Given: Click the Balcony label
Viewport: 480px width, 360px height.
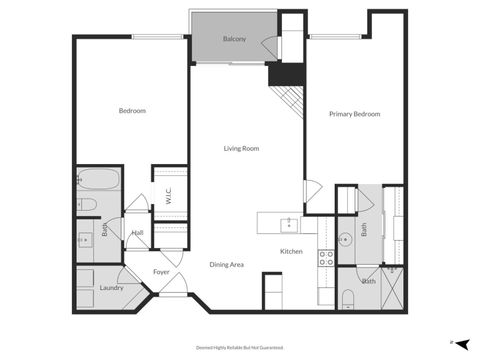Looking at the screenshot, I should coord(234,39).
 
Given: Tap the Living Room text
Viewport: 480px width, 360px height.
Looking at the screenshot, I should coord(241,148).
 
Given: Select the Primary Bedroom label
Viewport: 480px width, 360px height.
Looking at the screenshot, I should coord(355,114).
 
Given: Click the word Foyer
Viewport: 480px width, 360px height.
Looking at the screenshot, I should coord(161,271).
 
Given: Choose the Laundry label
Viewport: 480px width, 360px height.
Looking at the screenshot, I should coord(111,288).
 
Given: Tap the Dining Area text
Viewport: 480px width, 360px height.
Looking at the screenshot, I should coord(226,264).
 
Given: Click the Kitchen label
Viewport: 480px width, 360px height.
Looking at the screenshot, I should coord(291,251).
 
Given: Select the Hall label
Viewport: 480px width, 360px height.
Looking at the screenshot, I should coord(137,233).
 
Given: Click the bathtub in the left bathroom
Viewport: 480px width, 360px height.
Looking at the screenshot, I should coord(98,182).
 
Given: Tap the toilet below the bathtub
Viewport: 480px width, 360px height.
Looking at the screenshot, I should coord(88,205).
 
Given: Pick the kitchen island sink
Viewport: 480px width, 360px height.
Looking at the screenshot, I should coord(288,223).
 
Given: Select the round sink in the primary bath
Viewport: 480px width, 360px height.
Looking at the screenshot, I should coord(344,239).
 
